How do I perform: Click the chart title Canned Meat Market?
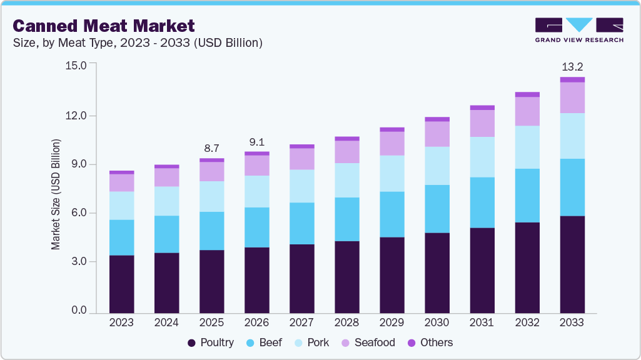(104, 26)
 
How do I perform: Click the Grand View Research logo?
(579, 29)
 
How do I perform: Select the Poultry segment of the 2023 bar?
(121, 284)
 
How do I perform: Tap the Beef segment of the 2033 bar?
(572, 187)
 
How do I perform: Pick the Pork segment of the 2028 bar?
(346, 180)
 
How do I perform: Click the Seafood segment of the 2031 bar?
(482, 123)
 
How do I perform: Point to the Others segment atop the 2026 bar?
(256, 153)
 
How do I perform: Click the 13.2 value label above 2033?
(572, 66)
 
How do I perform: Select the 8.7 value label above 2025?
(211, 148)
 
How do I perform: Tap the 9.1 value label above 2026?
(256, 141)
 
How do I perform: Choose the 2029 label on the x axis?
(391, 322)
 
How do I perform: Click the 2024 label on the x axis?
(166, 322)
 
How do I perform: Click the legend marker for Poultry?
(192, 342)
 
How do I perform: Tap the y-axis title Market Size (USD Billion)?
(56, 194)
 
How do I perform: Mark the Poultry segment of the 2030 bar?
(437, 272)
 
